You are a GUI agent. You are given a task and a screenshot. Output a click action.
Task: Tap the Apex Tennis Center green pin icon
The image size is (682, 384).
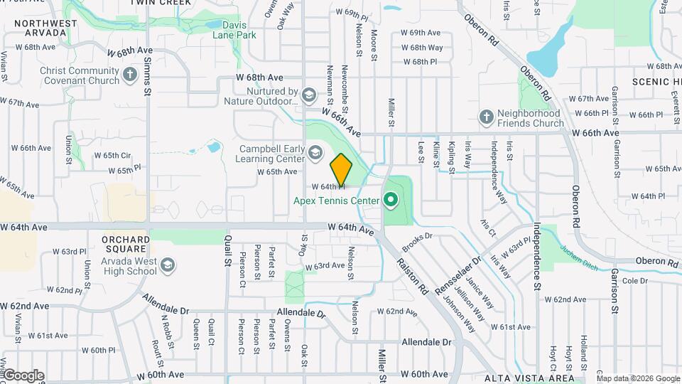[389, 200]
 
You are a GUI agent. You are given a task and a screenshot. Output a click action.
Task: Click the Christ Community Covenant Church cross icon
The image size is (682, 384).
[129, 75]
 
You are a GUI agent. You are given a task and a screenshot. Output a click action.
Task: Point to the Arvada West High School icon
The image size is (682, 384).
[167, 265]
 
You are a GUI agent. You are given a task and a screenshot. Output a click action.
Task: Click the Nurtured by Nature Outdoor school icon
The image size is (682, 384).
[308, 95]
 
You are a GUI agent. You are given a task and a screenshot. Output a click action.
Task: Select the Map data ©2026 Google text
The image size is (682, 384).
[638, 378]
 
